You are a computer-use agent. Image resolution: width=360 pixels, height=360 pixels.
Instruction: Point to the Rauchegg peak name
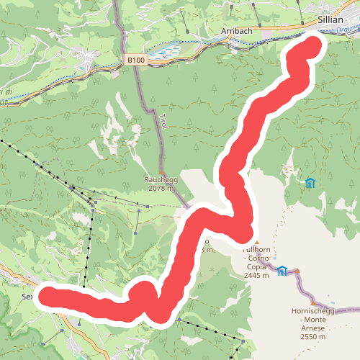click(158, 180)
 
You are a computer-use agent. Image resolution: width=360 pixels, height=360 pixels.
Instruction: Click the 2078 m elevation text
click(158, 189)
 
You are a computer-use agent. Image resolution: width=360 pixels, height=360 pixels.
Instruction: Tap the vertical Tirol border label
click(163, 121)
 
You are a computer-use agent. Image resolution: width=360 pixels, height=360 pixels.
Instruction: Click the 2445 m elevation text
click(256, 275)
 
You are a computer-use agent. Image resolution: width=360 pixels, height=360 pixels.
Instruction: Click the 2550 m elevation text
click(313, 336)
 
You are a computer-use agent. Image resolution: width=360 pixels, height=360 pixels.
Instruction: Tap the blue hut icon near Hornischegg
click(283, 271)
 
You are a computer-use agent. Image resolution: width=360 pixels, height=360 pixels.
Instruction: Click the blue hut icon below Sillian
click(310, 183)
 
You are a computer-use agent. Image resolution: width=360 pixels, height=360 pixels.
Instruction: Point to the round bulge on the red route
click(143, 294)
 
